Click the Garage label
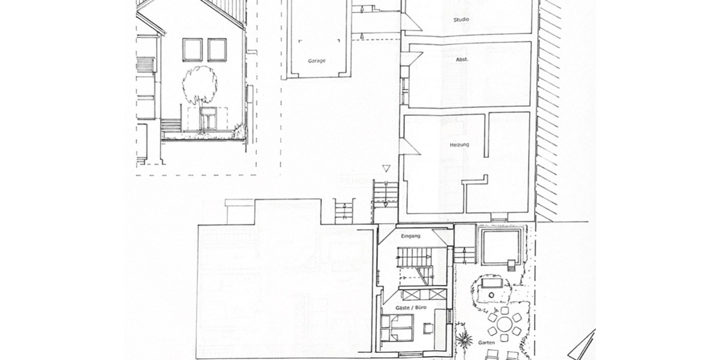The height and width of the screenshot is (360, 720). point(317,61)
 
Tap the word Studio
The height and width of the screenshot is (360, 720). point(461,20)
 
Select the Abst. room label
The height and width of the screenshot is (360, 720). point(462,59)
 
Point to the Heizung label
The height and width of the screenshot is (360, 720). point(459,145)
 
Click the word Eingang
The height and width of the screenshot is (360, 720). point(411,236)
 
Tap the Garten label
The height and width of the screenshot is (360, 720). point(487,343)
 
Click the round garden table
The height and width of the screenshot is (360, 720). point(503,325)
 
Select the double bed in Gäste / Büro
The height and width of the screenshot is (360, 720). point(397,326)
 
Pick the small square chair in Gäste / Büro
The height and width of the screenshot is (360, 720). point(427,328)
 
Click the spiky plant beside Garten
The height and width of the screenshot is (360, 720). point(463,339)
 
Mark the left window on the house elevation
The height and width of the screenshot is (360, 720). point(193,50)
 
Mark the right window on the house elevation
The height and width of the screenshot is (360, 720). point(217,50)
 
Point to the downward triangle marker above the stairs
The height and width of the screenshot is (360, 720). point(386,170)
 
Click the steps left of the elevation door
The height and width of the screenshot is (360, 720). point(171,125)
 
